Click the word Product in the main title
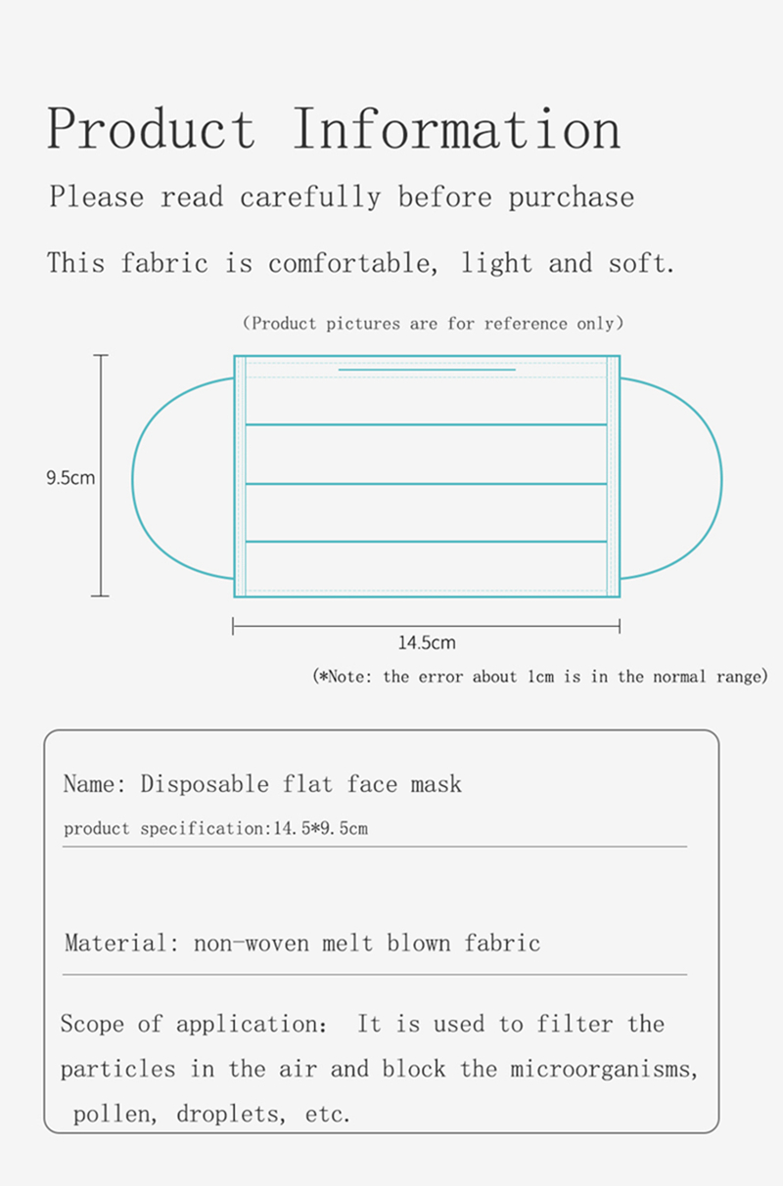tap(151, 128)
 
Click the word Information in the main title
tap(456, 128)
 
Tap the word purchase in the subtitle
tap(571, 198)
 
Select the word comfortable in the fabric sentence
tap(353, 263)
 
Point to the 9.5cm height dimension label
tap(69, 478)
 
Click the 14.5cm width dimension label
tap(427, 642)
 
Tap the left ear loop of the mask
tap(132, 478)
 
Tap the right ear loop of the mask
tap(721, 478)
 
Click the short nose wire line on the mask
tap(427, 370)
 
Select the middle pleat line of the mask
tap(426, 483)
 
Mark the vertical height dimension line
tap(101, 475)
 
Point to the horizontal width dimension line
tap(426, 627)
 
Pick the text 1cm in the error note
tap(540, 677)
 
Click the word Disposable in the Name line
tap(205, 784)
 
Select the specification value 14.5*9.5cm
tap(320, 828)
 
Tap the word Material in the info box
tap(116, 943)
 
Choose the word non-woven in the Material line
tap(251, 944)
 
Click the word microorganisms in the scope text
tap(603, 1070)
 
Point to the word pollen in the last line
tap(114, 1115)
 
